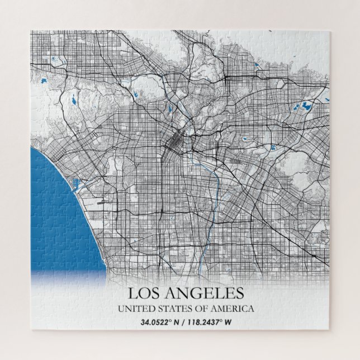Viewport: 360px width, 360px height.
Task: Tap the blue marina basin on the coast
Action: coord(75,182)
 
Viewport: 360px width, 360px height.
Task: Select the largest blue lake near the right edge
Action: coord(307,105)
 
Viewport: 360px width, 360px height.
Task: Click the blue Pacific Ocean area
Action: coord(56,212)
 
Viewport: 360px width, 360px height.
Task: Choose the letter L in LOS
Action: coord(132,292)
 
